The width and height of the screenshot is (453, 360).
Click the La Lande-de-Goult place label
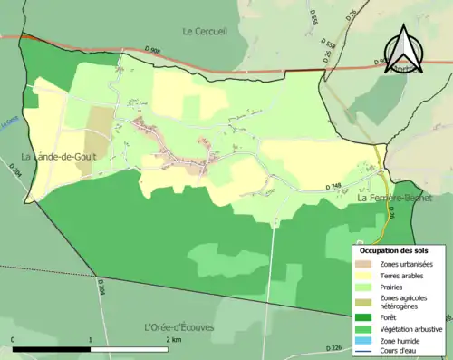tap(54, 157)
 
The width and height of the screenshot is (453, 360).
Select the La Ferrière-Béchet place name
tap(394, 197)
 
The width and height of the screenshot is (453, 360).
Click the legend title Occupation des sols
tap(395, 249)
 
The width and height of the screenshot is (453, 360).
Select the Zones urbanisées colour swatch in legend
tap(364, 263)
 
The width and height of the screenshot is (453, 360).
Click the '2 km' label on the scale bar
tap(171, 339)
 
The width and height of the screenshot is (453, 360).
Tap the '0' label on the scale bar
tap(13, 339)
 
